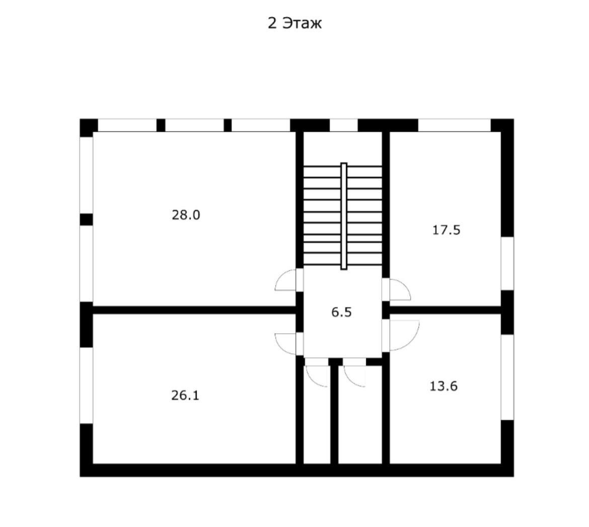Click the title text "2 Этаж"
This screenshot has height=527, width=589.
[x=294, y=24]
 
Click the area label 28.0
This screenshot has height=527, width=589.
[x=186, y=215]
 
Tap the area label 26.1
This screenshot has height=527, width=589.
[x=185, y=396]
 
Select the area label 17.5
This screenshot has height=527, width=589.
[x=447, y=231]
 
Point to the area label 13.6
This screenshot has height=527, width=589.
[x=444, y=387]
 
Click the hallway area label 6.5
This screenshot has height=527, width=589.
[x=341, y=313]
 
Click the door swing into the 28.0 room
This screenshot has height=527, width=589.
[x=286, y=280]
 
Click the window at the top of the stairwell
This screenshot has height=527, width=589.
[x=343, y=125]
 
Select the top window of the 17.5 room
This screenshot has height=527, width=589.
[x=454, y=125]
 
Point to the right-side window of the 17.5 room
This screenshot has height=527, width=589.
[x=507, y=263]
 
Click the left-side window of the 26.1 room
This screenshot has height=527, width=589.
[x=87, y=385]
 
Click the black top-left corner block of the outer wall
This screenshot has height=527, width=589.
[x=88, y=127]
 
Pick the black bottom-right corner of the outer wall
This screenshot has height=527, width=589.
[x=506, y=470]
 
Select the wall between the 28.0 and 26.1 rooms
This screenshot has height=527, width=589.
[x=194, y=310]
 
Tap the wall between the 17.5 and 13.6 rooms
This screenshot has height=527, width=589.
[x=446, y=310]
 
